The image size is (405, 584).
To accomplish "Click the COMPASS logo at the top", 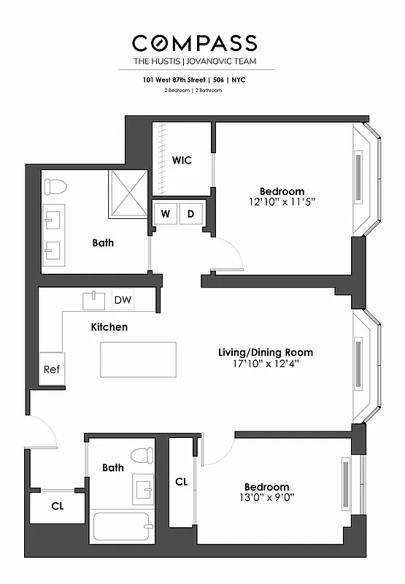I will click(195, 42).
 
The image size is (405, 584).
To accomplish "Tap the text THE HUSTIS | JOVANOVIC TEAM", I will click(195, 61).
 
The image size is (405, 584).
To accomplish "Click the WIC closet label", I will click(182, 160).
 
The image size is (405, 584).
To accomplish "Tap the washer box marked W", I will click(166, 214).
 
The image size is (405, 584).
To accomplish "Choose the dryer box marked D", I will click(191, 214).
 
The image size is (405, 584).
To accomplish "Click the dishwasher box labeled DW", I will click(123, 300).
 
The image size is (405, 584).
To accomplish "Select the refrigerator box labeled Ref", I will click(51, 369).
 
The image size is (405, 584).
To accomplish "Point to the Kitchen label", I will click(109, 327).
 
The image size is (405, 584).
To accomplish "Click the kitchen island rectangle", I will click(138, 359).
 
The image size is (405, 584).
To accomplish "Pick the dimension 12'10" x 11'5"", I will click(282, 201).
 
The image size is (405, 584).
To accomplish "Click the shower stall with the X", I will click(128, 193).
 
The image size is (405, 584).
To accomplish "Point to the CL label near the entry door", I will click(57, 506).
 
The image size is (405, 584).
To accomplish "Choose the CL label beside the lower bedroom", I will click(182, 482).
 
